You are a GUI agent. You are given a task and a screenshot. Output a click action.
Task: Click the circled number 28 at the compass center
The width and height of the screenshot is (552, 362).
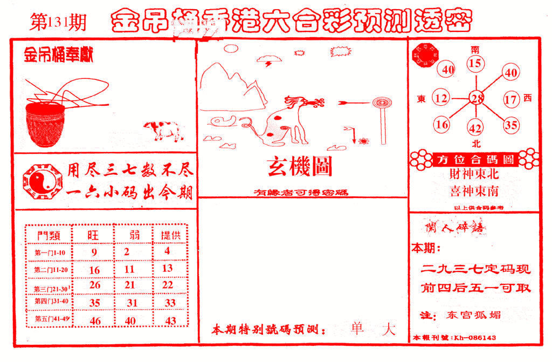click(x=476, y=99)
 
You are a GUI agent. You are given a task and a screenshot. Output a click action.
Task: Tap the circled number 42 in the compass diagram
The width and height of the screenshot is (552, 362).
click(x=475, y=128)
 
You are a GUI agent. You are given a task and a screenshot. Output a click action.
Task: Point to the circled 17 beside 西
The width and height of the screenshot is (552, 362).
click(x=510, y=99)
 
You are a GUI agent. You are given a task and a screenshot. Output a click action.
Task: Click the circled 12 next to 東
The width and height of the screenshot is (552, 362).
click(x=441, y=99)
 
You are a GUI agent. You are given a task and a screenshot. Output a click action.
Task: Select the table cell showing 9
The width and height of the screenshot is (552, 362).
click(x=94, y=251)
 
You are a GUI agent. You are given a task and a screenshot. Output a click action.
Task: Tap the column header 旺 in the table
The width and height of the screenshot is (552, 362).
click(x=94, y=235)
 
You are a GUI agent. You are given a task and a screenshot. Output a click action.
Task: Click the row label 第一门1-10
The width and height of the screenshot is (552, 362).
click(x=50, y=252)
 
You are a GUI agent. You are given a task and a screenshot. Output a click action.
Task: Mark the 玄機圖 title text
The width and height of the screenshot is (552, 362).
click(x=300, y=167)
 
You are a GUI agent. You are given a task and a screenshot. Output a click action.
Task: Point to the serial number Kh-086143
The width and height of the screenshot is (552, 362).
click(x=475, y=338)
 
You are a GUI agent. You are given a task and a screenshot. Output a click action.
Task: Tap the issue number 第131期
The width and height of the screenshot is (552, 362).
click(x=56, y=22)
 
